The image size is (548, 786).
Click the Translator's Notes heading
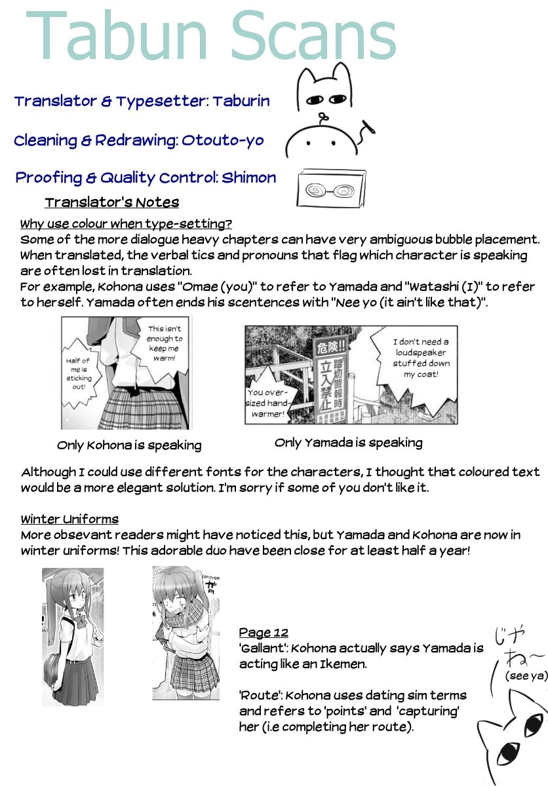pyautogui.click(x=111, y=202)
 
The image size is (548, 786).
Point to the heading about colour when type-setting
pyautogui.click(x=126, y=223)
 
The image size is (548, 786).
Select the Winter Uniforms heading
pyautogui.click(x=69, y=519)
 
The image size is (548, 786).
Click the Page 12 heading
pyautogui.click(x=264, y=632)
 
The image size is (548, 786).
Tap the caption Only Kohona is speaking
pyautogui.click(x=129, y=445)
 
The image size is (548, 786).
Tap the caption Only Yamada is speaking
pyautogui.click(x=348, y=443)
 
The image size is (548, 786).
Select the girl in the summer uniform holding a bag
pyautogui.click(x=72, y=635)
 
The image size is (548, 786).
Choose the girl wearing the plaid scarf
pyautogui.click(x=185, y=632)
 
